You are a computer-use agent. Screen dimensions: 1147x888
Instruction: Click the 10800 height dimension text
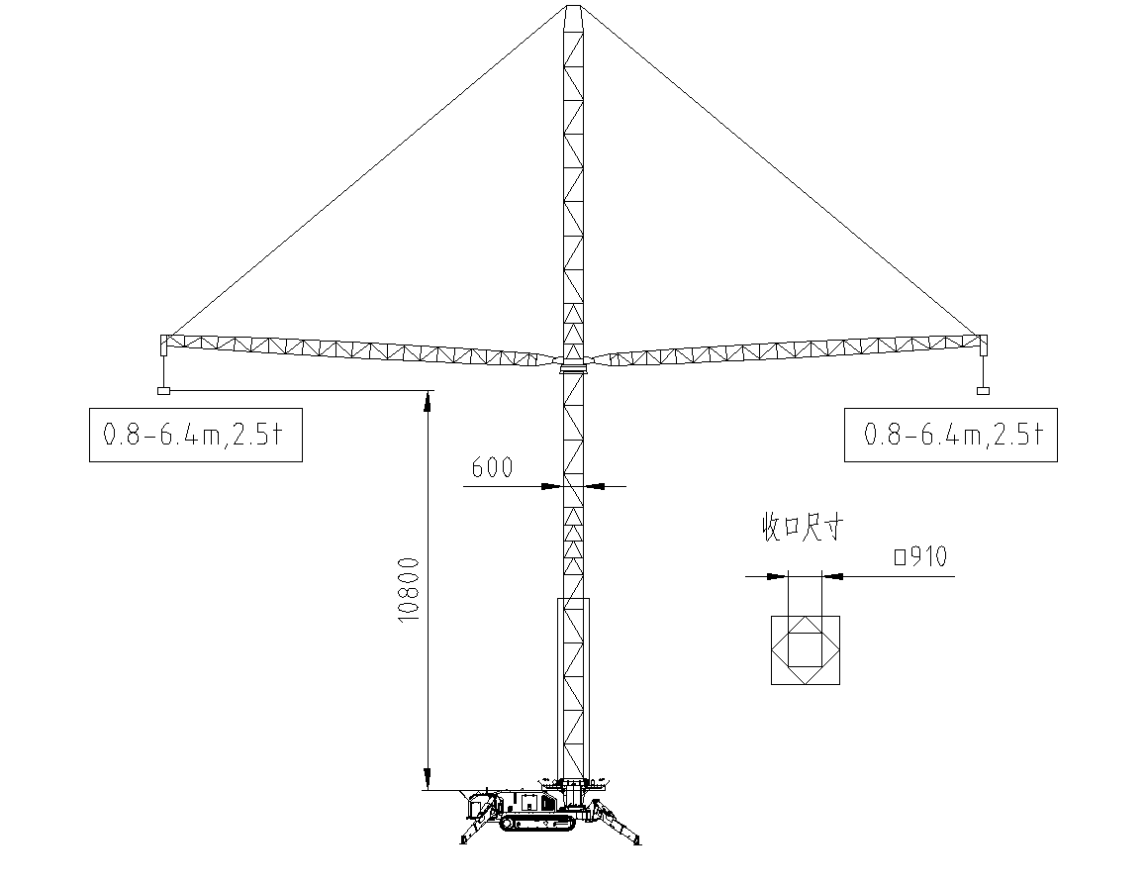coord(408,590)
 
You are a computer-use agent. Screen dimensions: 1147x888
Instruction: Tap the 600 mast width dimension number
coord(492,467)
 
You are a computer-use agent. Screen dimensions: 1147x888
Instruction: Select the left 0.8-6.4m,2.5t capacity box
coord(195,436)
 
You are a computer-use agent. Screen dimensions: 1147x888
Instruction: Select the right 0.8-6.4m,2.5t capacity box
coord(950,436)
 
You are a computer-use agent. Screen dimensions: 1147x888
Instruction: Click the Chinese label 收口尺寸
coord(804,527)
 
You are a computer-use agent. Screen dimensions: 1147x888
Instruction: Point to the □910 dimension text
coord(921,556)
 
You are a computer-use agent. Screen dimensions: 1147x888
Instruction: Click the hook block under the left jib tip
coord(164,391)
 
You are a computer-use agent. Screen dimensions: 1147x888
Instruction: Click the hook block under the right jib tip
coord(983,391)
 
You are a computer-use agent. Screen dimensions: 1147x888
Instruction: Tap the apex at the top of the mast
coord(574,7)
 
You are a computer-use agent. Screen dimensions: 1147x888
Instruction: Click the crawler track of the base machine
coord(537,823)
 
